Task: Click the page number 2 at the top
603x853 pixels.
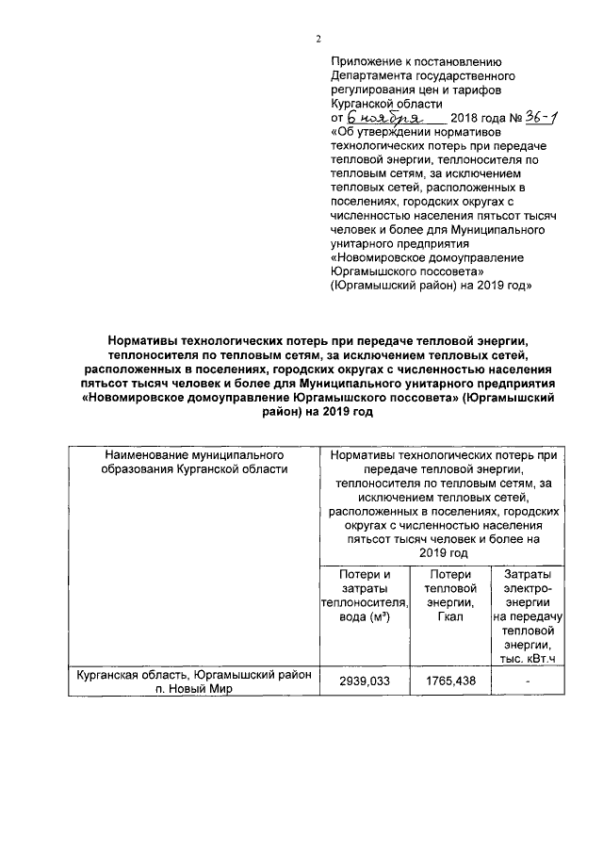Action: pyautogui.click(x=318, y=39)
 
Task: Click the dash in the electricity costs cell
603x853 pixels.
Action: pyautogui.click(x=529, y=681)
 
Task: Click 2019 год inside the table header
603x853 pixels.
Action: pyautogui.click(x=443, y=553)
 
